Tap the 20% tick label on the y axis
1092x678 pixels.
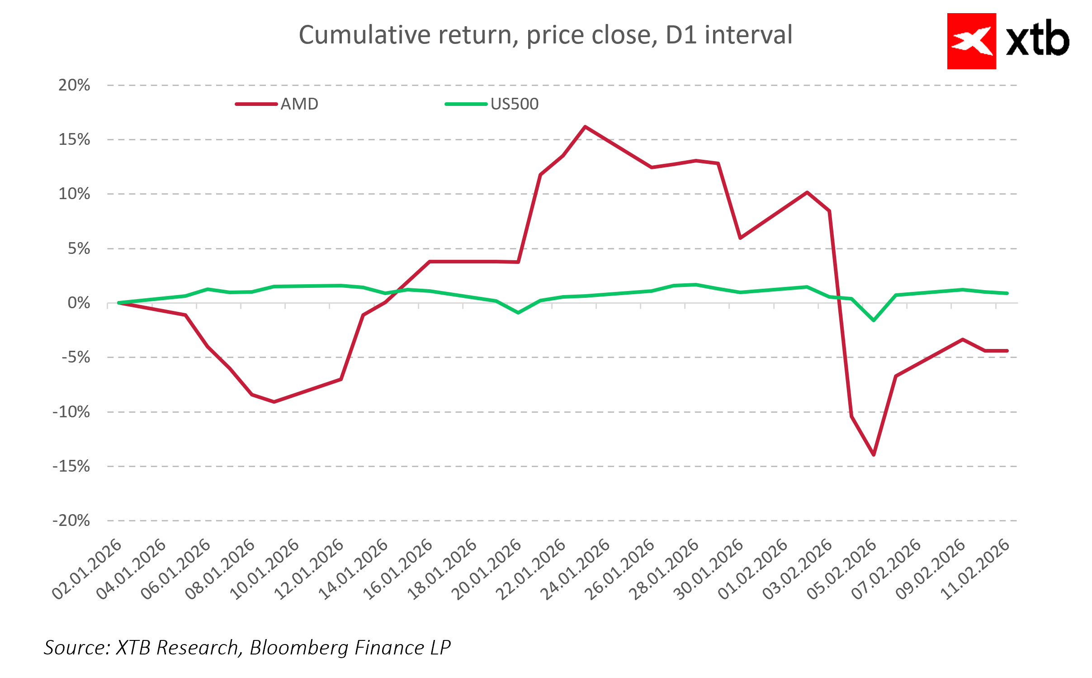coord(74,85)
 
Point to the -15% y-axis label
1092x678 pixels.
coord(71,466)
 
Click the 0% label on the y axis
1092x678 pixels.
coord(79,303)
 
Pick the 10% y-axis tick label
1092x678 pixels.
coord(74,194)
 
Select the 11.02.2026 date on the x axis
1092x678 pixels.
coord(976,569)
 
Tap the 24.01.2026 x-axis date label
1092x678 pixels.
coord(576,569)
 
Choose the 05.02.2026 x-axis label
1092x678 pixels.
coord(842,569)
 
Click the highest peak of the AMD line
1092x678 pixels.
coord(585,127)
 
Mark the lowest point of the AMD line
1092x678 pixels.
coord(874,454)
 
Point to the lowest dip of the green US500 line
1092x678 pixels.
coord(874,320)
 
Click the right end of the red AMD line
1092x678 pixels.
coord(1007,351)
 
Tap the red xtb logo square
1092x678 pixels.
coord(971,41)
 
